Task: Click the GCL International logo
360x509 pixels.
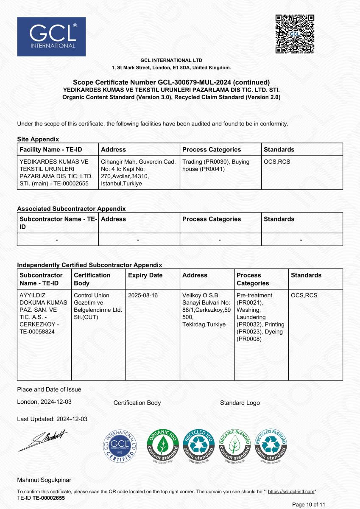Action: click(51, 36)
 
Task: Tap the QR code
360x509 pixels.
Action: click(295, 34)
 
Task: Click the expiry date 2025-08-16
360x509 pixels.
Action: click(142, 295)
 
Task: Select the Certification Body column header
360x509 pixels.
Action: click(92, 279)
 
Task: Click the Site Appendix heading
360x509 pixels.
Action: click(38, 139)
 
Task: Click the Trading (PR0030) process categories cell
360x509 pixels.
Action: click(216, 165)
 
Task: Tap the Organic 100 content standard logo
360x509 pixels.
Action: click(162, 446)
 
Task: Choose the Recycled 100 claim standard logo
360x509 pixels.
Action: click(198, 446)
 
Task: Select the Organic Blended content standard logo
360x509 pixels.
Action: click(234, 446)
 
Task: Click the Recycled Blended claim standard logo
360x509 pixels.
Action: click(271, 446)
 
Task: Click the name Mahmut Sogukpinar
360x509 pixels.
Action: click(44, 480)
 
